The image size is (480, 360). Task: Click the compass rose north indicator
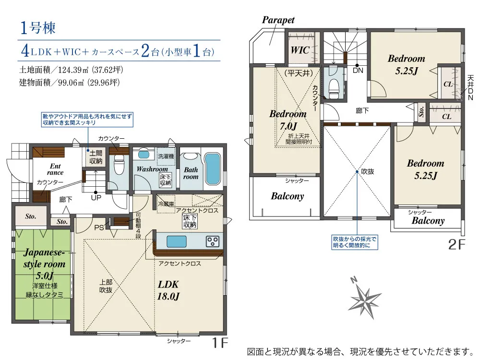tap(364, 298)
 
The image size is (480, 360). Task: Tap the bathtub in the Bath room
tap(212, 168)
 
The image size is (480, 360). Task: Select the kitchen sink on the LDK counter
tap(177, 241)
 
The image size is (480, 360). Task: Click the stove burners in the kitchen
tap(213, 241)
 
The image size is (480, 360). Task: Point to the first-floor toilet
tap(119, 164)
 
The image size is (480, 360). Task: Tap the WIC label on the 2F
tap(300, 50)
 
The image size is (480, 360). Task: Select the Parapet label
tap(278, 20)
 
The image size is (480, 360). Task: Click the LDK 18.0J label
tap(168, 290)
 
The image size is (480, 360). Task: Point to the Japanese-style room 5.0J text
tap(44, 264)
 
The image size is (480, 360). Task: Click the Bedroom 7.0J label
tap(288, 120)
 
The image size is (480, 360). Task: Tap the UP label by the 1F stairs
tap(96, 198)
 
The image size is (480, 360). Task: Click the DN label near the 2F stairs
tap(358, 71)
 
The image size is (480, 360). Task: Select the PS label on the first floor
tap(99, 228)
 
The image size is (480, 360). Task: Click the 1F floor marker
tap(220, 343)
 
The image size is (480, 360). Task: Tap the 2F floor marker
tap(456, 244)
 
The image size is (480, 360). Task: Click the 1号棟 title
tap(37, 28)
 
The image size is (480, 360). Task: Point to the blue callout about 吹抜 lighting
tap(355, 242)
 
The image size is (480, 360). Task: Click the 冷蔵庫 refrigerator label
tap(166, 204)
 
